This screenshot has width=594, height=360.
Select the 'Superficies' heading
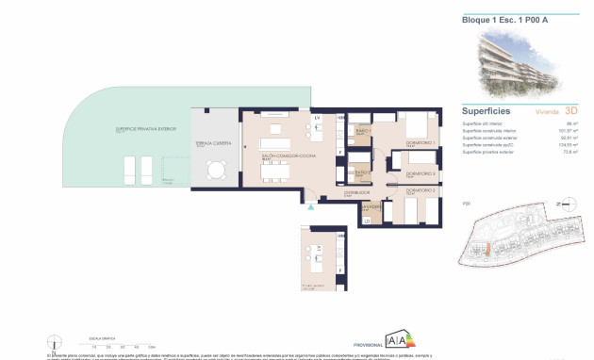tap(487, 109)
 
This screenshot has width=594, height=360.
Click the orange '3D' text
tap(571, 111)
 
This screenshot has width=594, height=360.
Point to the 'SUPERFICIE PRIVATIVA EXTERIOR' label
tap(120, 131)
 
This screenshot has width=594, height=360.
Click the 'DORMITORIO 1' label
tap(417, 143)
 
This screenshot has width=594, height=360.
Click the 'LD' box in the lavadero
tap(366, 221)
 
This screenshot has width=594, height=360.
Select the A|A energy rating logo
tap(396, 342)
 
